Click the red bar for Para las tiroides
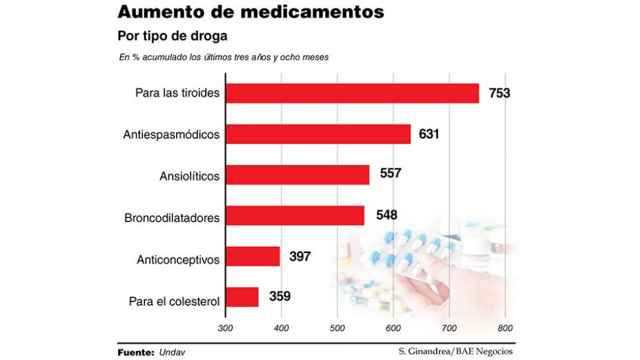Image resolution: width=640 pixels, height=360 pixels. coord(352,94)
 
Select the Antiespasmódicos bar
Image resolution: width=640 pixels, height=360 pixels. coord(318,134)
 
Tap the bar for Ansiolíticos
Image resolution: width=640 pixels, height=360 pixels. coord(297,175)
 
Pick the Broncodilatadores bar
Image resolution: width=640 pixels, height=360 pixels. coord(295,215)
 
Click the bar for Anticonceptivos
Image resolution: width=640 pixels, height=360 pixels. coord(253,257)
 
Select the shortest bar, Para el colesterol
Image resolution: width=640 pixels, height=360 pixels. coord(242,297)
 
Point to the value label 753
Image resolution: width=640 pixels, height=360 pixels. coord(499,94)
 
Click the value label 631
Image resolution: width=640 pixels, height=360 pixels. coord(428,134)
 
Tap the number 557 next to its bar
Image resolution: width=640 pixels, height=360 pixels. coord(391,174)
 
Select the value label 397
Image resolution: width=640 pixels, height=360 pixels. coord(300,257)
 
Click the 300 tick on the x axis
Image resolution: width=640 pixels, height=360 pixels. coord(226,328)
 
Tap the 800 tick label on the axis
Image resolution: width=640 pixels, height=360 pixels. coord(505,328)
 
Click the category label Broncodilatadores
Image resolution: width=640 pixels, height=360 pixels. coord(172,218)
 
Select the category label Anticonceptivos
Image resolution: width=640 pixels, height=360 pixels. coord(178,260)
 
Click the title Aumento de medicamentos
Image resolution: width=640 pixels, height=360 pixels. coord(251,12)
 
